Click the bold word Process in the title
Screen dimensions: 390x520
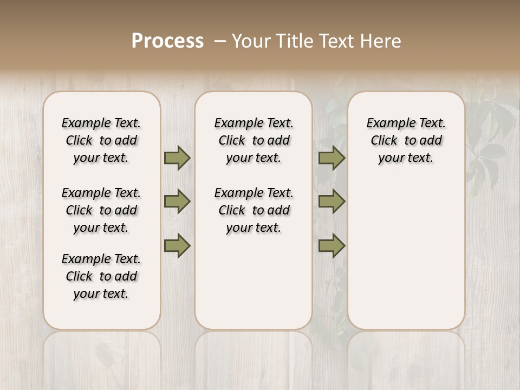click(167, 41)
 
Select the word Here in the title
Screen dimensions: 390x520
click(381, 41)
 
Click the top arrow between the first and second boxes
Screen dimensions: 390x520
click(177, 158)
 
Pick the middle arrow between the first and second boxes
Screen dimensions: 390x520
click(177, 201)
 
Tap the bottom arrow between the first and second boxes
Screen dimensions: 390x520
click(177, 245)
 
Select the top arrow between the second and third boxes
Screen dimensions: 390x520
click(331, 158)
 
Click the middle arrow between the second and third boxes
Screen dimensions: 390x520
click(331, 201)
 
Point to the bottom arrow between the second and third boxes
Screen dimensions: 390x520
click(331, 245)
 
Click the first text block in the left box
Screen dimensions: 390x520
click(101, 140)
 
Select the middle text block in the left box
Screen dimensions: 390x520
click(101, 210)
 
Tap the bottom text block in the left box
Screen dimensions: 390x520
click(101, 276)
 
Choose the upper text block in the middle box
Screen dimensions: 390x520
click(253, 140)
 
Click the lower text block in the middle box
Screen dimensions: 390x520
click(253, 210)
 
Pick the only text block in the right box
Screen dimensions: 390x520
click(406, 140)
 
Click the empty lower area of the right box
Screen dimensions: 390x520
click(406, 249)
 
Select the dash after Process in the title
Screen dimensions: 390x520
click(220, 41)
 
